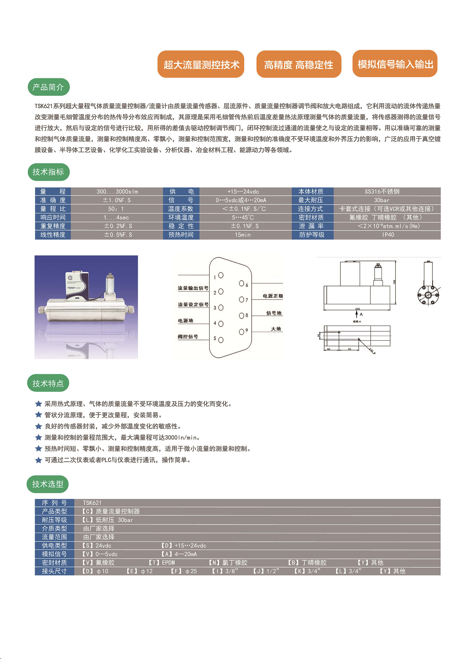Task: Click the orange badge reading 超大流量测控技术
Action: (201, 64)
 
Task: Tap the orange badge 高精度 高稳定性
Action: (298, 64)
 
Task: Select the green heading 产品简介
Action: (49, 87)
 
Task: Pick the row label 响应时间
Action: (53, 217)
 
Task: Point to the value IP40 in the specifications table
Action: (388, 235)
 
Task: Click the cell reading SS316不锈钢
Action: (382, 191)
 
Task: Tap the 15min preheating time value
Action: (243, 235)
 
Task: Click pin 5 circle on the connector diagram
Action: (221, 340)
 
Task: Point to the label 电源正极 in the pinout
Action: (273, 296)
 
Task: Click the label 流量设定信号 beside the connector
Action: (193, 305)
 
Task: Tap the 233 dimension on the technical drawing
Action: (357, 309)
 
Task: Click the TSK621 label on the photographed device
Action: (71, 288)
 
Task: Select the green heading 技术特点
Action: (48, 383)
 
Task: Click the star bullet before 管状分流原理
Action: (39, 415)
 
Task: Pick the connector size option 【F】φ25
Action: (184, 571)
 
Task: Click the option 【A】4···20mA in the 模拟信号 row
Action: (179, 554)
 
